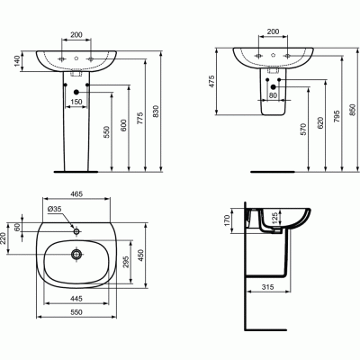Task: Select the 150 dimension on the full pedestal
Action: (76, 103)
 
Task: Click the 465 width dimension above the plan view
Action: (78, 194)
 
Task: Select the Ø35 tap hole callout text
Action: (57, 211)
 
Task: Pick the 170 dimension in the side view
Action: (229, 217)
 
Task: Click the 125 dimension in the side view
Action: (275, 220)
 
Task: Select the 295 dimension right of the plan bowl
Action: (124, 261)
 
